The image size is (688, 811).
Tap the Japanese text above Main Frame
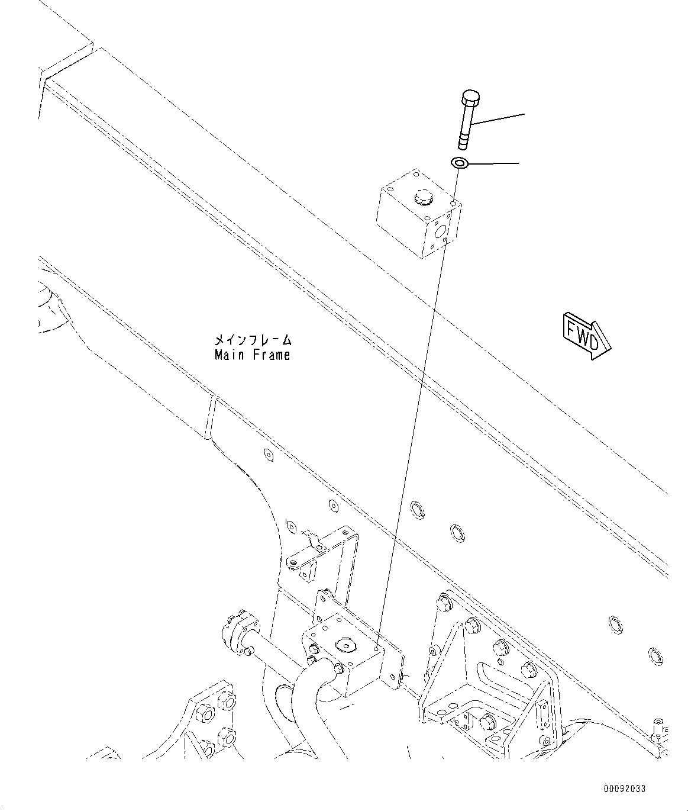(x=253, y=340)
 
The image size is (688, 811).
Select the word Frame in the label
(x=270, y=355)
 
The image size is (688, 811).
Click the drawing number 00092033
(x=625, y=789)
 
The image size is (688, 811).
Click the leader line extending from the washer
(x=494, y=162)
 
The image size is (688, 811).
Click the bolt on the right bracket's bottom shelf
(x=487, y=721)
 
